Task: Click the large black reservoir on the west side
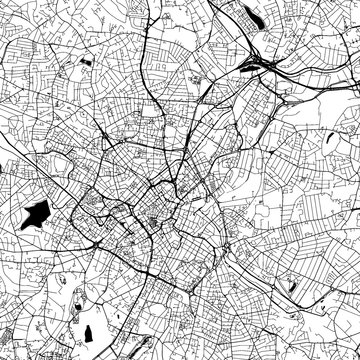(x=35, y=213)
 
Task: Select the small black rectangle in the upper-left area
(x=84, y=63)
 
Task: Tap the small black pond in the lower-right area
(x=291, y=286)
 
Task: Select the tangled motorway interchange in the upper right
(x=265, y=68)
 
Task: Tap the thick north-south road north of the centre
(x=150, y=120)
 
